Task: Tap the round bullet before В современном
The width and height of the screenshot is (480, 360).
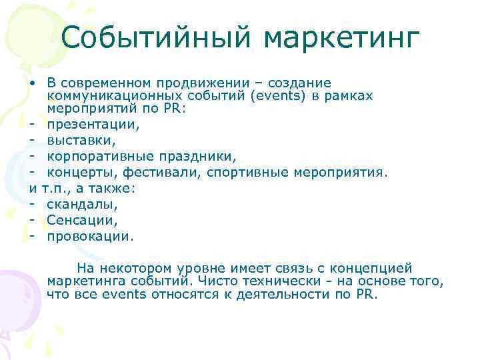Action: click(32, 83)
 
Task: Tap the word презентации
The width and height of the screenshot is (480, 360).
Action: click(92, 124)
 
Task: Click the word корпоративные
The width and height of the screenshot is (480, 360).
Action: click(102, 155)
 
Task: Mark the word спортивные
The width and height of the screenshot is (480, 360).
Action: click(248, 172)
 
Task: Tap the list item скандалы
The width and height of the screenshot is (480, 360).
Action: click(81, 204)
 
